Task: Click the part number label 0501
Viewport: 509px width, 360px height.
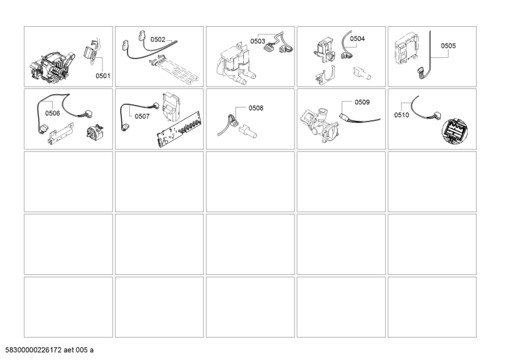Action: tap(102, 76)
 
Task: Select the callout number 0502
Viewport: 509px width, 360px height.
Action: tap(158, 39)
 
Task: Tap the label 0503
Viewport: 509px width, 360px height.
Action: tap(258, 41)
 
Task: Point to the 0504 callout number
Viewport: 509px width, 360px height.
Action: tap(358, 39)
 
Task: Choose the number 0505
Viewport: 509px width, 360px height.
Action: tap(449, 46)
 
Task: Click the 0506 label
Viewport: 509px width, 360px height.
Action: tap(53, 113)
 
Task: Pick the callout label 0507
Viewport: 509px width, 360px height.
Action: tap(142, 116)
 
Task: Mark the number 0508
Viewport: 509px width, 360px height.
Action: tap(256, 108)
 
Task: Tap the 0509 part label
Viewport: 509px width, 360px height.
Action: tap(362, 102)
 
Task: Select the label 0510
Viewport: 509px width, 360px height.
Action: tap(401, 115)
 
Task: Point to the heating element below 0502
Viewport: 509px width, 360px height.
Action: tap(174, 69)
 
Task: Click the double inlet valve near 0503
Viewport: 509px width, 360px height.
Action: tap(235, 64)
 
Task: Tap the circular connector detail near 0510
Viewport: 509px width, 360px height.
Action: tap(454, 131)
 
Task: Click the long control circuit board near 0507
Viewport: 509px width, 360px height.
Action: tap(179, 130)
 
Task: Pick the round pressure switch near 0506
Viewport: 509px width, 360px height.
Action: tap(95, 132)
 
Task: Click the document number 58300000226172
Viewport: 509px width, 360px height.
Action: tap(34, 350)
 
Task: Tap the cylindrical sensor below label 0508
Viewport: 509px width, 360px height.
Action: tap(248, 132)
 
